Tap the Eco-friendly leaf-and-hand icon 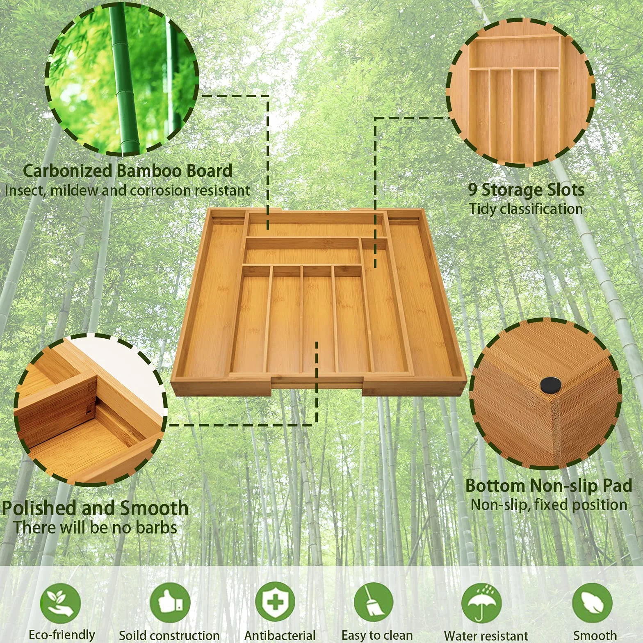click(60, 604)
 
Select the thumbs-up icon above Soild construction click(170, 603)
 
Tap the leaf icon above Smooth click(592, 603)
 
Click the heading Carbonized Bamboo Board click(128, 171)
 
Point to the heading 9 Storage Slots click(527, 189)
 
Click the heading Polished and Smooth click(95, 508)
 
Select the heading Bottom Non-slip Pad click(549, 486)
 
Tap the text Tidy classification click(526, 209)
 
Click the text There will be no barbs click(95, 527)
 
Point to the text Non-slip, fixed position click(549, 505)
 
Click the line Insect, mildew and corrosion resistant click(128, 190)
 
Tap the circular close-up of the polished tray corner click(91, 410)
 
